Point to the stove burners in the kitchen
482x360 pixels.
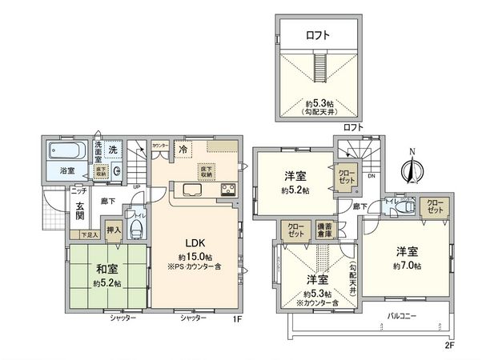pos(226,190)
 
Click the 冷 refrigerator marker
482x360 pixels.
pos(183,149)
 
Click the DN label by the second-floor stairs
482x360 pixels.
pos(370,176)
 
